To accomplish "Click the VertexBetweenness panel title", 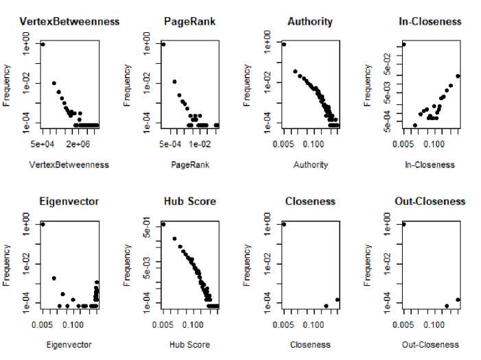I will [70, 22].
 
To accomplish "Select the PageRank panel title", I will [189, 22].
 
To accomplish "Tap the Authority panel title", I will [310, 22].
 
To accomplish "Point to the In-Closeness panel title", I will [430, 22].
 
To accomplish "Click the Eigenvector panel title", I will [69, 202].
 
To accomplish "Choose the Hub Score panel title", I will [190, 202].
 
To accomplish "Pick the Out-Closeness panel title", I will [430, 202].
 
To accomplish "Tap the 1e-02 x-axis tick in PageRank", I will [200, 145].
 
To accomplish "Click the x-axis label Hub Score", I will [189, 344].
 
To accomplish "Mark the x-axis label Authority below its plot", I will [310, 165].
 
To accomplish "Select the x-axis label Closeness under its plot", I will [310, 344].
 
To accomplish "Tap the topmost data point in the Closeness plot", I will [284, 224].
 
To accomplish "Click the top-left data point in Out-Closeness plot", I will [404, 224].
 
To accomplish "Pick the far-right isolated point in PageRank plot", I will [217, 125].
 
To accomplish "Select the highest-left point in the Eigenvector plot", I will [43, 224].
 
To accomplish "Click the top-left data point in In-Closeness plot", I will [404, 45].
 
